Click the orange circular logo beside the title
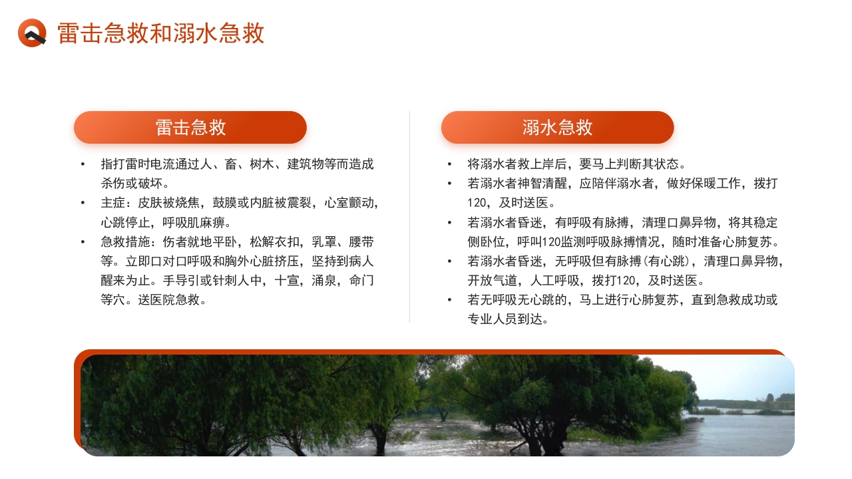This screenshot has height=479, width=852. coord(32,33)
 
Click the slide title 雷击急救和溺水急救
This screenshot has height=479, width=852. coord(161,33)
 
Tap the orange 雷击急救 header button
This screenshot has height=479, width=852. coord(190,128)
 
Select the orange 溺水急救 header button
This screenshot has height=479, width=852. coord(557,128)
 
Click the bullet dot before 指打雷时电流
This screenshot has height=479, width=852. coord(83,164)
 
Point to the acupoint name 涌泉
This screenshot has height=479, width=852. coord(324,280)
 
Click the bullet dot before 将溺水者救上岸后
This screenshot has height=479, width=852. coord(449,164)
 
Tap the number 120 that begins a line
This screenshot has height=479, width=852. coord(478,203)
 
